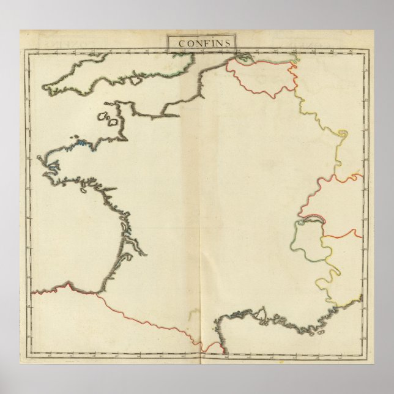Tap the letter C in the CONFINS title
[180, 42]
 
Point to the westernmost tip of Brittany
[39, 160]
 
